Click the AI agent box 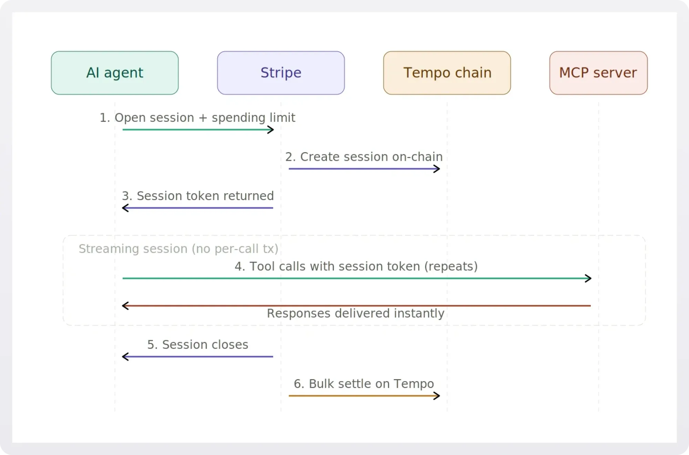(x=115, y=73)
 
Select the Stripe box (x=281, y=73)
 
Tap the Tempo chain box (x=447, y=73)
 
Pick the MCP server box (x=598, y=73)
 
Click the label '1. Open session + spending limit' (x=197, y=118)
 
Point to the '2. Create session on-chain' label (x=364, y=157)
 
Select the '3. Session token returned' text (x=198, y=196)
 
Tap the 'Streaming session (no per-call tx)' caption (x=178, y=249)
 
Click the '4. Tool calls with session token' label (x=356, y=266)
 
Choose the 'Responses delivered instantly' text (x=356, y=313)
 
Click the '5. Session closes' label (x=198, y=345)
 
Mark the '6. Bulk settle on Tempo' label (x=364, y=384)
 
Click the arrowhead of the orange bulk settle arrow (x=437, y=396)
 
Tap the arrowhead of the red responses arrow (x=125, y=306)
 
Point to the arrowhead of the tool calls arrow (x=588, y=278)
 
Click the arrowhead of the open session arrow (x=271, y=130)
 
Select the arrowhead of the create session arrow (x=437, y=169)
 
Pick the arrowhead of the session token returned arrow (x=125, y=208)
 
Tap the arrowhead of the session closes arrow (x=125, y=357)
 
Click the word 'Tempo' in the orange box (x=426, y=73)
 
